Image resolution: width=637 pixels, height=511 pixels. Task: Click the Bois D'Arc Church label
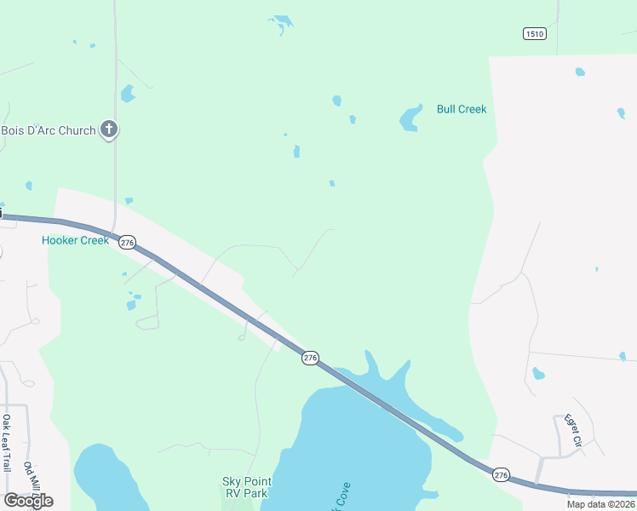[48, 130]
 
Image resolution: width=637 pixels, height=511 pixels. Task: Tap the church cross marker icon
[108, 129]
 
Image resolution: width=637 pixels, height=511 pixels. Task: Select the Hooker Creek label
[75, 240]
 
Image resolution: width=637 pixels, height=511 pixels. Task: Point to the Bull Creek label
[461, 109]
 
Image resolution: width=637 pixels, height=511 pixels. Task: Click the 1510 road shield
[534, 33]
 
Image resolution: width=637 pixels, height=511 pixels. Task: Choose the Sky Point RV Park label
[244, 487]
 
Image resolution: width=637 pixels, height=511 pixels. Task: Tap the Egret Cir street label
[571, 432]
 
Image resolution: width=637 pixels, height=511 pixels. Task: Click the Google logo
[27, 500]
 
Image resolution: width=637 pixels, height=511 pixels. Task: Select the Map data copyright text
[601, 504]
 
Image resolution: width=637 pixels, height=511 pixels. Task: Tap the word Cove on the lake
[341, 496]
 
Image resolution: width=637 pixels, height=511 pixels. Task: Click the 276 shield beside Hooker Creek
[127, 243]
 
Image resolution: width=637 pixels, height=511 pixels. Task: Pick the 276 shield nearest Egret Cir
[500, 474]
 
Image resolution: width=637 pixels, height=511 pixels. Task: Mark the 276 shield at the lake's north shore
[310, 359]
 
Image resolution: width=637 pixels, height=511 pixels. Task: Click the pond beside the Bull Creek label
[410, 118]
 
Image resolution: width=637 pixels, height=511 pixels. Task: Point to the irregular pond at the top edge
[280, 23]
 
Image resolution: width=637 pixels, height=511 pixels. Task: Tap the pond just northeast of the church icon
[128, 93]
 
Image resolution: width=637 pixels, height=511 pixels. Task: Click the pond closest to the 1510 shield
[580, 72]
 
